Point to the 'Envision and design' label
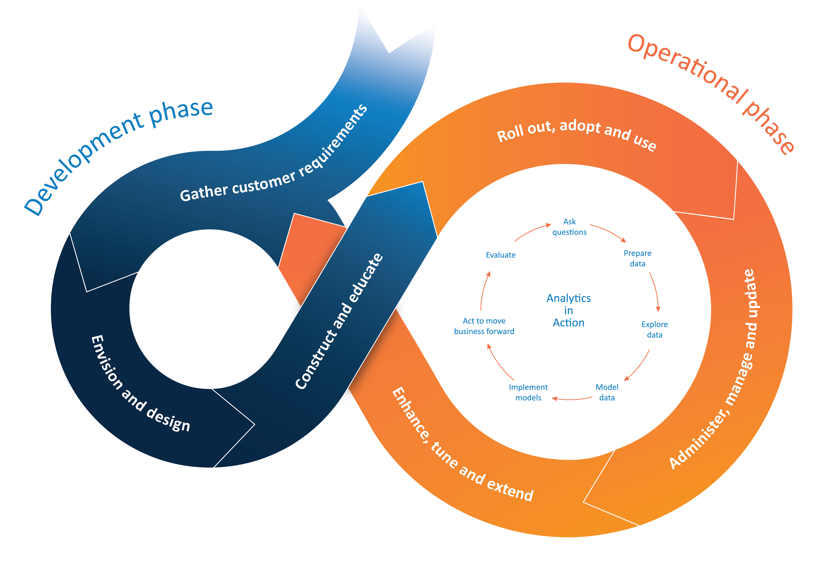(x=140, y=384)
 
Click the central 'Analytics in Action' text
(x=569, y=310)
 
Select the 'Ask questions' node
(x=569, y=227)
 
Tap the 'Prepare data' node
(x=637, y=258)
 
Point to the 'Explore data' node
(x=654, y=329)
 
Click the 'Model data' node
(x=607, y=392)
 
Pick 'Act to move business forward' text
(x=484, y=326)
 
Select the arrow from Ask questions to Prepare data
(x=608, y=232)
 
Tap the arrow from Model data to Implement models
(x=572, y=399)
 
